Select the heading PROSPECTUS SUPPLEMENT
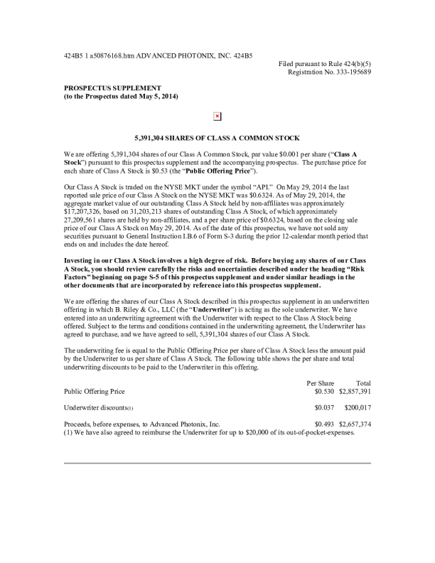(107, 87)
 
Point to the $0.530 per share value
(324, 391)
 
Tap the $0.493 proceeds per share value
(324, 424)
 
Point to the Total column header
(363, 383)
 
